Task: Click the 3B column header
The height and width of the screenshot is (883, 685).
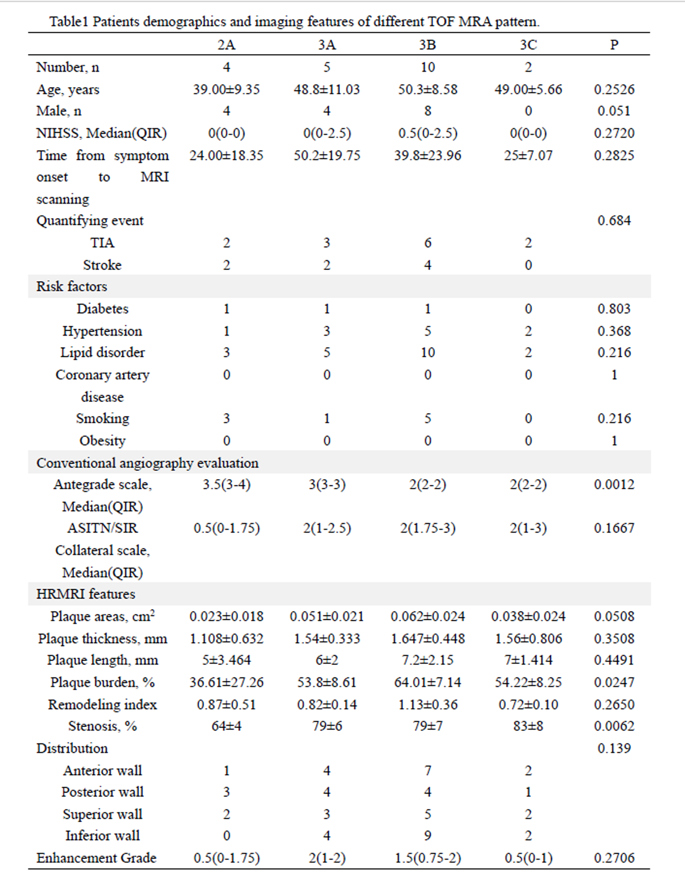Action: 427,44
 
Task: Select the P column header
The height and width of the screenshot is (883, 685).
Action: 614,44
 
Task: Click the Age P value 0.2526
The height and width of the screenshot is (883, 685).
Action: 614,89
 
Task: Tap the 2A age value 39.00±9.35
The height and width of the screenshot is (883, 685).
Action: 226,89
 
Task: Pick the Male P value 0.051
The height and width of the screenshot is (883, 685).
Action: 614,111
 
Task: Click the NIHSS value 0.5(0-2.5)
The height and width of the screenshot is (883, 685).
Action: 427,133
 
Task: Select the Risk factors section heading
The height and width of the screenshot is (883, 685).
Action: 71,286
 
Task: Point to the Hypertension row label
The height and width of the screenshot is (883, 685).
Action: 102,331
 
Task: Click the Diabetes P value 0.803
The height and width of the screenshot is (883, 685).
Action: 614,309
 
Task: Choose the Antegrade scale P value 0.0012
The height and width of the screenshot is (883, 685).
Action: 614,484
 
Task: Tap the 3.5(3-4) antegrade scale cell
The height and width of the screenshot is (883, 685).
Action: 226,484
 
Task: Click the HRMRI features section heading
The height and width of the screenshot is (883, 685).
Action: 86,594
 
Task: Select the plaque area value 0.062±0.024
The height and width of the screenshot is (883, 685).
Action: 427,617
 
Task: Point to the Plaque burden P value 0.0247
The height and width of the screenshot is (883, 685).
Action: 614,682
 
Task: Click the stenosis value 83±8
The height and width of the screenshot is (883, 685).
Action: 528,726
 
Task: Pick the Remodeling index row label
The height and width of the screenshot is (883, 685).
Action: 102,705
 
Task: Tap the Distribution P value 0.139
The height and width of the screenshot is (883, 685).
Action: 614,748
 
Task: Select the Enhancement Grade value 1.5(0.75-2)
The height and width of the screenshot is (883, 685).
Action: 427,858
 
